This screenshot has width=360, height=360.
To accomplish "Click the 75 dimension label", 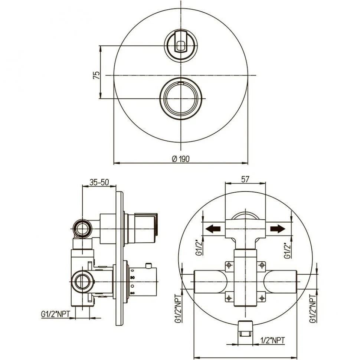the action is tap(96, 75).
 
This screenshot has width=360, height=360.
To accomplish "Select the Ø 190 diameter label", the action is tap(181, 158).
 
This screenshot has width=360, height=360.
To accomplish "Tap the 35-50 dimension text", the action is tap(99, 182).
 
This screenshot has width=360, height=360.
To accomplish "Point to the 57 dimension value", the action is tap(245, 179).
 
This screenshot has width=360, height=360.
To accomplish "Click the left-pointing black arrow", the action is tap(213, 229).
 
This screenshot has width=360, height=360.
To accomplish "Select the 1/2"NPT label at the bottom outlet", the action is tap(273, 340).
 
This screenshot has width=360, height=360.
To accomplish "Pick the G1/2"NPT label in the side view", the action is tap(55, 314).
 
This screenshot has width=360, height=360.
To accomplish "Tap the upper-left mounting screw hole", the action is tap(229, 265).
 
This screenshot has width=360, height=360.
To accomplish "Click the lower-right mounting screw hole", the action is tap(262, 298).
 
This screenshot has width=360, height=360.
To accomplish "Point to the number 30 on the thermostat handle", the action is tap(132, 278).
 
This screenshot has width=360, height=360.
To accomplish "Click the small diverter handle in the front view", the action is tap(181, 45).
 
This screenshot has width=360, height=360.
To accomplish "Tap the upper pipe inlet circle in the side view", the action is tap(82, 229).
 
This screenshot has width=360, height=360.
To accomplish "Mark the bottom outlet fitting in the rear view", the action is tap(245, 329).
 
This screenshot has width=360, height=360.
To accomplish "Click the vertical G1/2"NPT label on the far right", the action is tap(313, 309).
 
